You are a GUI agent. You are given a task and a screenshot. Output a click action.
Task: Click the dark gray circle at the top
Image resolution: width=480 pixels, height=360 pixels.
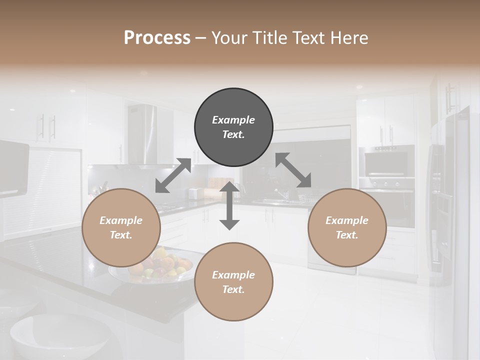(233, 127)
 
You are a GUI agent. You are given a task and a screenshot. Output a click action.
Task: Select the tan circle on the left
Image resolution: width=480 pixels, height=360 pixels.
(121, 228)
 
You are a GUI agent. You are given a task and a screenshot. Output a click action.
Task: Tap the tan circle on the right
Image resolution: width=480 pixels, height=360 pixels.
(347, 228)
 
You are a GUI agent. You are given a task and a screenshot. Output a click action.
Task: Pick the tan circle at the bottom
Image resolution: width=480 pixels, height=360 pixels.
(233, 282)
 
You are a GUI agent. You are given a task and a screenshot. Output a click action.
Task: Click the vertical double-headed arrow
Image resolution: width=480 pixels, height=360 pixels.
(229, 205)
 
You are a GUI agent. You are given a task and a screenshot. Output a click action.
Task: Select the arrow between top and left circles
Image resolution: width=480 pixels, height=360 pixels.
(173, 175)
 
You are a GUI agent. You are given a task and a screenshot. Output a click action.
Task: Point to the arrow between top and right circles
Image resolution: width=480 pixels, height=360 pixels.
(293, 170)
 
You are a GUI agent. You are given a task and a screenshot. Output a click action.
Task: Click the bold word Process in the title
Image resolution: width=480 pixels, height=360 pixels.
(157, 37)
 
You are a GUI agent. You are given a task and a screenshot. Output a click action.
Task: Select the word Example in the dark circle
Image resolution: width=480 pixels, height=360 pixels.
(233, 120)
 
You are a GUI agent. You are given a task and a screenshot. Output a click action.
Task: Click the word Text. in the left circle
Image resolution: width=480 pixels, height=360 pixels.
(121, 235)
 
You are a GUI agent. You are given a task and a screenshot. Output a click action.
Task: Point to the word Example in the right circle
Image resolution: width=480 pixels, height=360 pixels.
(347, 220)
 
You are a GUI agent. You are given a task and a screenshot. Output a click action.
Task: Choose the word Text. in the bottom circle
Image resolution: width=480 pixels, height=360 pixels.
(233, 289)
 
